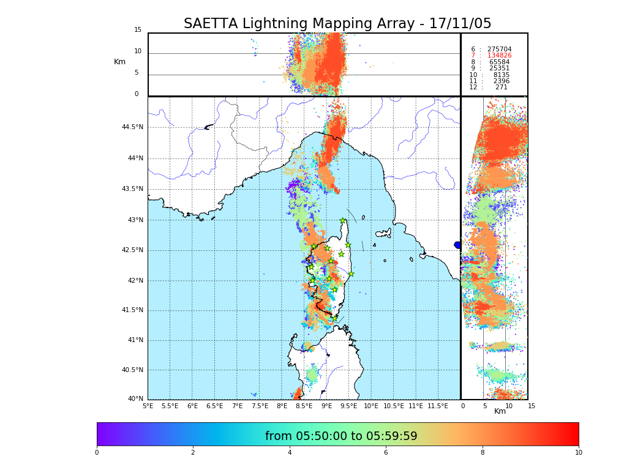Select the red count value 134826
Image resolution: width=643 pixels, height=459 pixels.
[499, 56]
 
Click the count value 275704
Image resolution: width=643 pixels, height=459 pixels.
[499, 50]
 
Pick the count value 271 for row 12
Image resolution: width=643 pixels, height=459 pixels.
[501, 88]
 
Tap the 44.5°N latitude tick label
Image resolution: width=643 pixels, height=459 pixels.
[132, 127]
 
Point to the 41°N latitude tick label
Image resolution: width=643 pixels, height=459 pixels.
[134, 340]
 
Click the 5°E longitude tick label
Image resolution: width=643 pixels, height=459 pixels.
[148, 406]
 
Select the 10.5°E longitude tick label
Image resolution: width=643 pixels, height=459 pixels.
[393, 406]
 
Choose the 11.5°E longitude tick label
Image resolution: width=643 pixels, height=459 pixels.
[438, 406]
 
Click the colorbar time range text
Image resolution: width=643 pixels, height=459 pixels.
[341, 436]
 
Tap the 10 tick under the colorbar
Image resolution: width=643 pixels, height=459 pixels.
[578, 453]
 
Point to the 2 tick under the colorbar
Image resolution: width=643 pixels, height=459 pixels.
[193, 453]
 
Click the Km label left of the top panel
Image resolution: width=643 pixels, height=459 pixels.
[120, 62]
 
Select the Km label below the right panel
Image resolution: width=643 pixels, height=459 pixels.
[500, 411]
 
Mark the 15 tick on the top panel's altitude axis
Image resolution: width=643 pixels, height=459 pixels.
[138, 30]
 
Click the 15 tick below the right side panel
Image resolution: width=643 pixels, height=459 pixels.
[532, 406]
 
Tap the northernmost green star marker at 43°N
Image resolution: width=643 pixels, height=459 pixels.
[343, 221]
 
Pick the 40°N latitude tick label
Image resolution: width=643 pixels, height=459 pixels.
[135, 399]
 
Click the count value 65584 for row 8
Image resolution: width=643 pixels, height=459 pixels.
[499, 62]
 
